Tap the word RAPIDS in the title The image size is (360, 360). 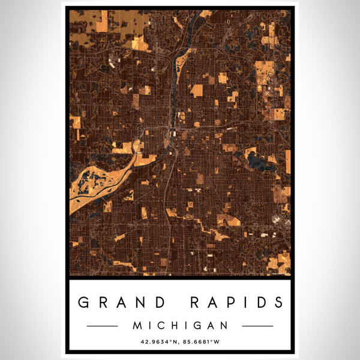point(235,302)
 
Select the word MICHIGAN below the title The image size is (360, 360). point(180,326)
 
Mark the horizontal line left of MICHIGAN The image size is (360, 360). point(103,326)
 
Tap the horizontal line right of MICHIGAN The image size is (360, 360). point(257,326)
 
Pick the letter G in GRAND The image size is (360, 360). point(86,302)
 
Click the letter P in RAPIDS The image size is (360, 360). point(230,302)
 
